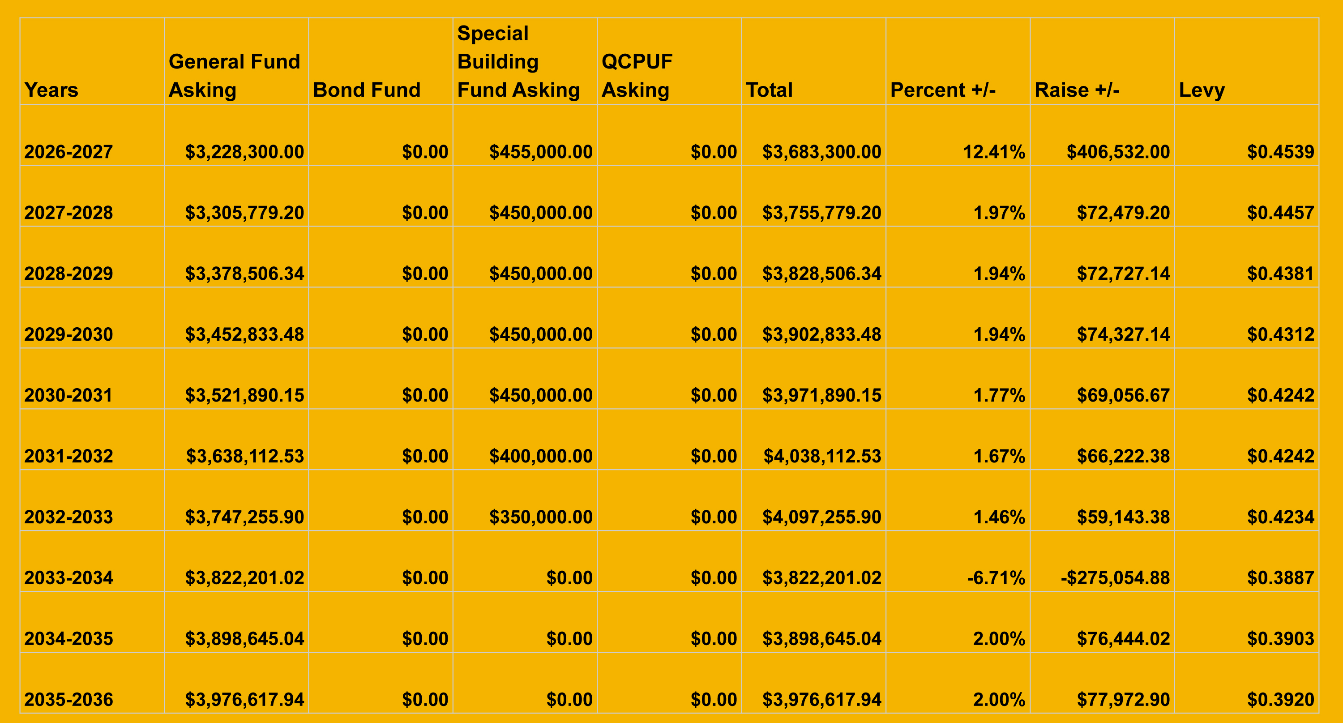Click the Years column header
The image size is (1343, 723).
pyautogui.click(x=51, y=90)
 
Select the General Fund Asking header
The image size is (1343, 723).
pyautogui.click(x=235, y=76)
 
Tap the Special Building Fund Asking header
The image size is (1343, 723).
pyautogui.click(x=519, y=61)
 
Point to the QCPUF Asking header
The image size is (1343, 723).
pyautogui.click(x=637, y=76)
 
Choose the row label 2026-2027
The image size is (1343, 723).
pyautogui.click(x=68, y=152)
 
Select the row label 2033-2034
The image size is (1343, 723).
pyautogui.click(x=68, y=578)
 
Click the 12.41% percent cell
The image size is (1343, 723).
pyautogui.click(x=994, y=152)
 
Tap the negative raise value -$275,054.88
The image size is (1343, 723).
pyautogui.click(x=1115, y=578)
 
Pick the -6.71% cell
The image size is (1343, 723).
pyautogui.click(x=996, y=578)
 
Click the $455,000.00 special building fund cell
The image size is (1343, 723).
pyautogui.click(x=541, y=152)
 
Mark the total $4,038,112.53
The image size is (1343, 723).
pyautogui.click(x=822, y=456)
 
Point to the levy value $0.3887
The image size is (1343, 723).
pyautogui.click(x=1280, y=578)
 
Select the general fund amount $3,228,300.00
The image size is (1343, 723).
pyautogui.click(x=244, y=152)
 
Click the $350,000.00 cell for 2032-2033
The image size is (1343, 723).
pyautogui.click(x=541, y=517)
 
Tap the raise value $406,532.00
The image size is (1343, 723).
pyautogui.click(x=1118, y=152)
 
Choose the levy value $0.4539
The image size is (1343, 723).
pyautogui.click(x=1280, y=152)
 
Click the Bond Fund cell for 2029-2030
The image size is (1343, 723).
pyautogui.click(x=425, y=334)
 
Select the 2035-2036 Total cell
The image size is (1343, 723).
pyautogui.click(x=821, y=700)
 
